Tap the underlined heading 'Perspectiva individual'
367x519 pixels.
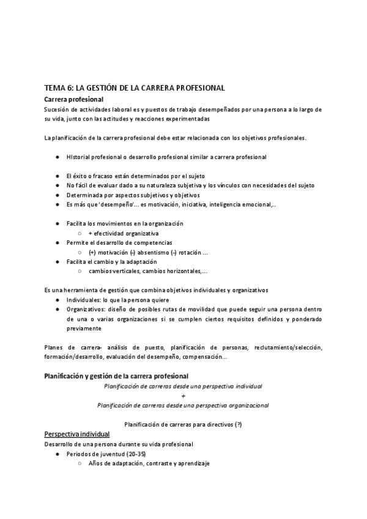(x=77, y=434)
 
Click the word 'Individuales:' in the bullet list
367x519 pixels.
(x=84, y=300)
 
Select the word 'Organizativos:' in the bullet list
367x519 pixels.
(x=88, y=309)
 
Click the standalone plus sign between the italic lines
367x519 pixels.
(x=183, y=395)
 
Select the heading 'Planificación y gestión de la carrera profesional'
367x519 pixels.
(x=116, y=375)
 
